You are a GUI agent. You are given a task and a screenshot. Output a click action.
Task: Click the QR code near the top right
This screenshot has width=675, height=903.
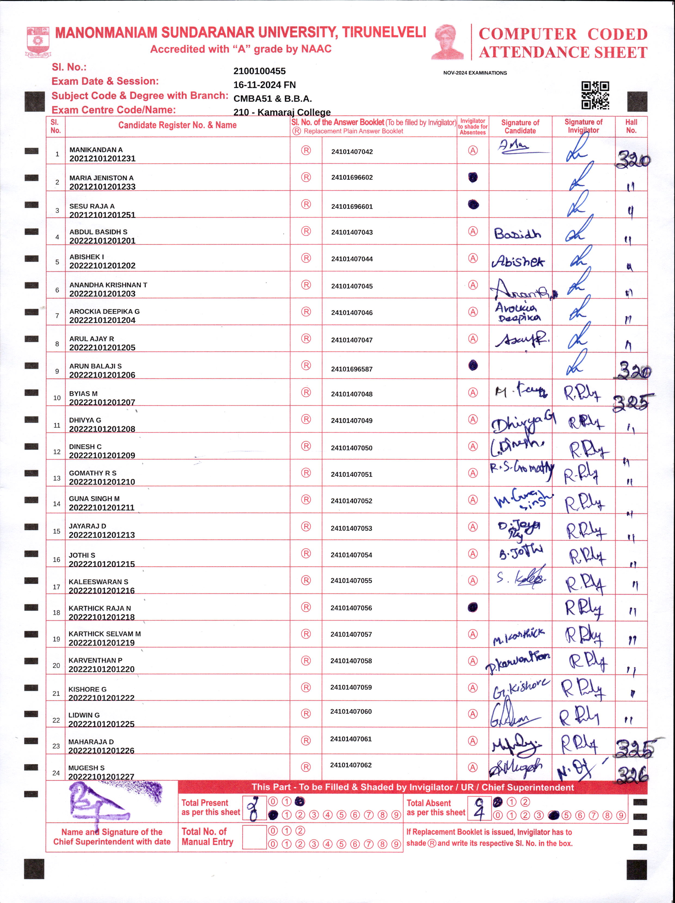pyautogui.click(x=595, y=95)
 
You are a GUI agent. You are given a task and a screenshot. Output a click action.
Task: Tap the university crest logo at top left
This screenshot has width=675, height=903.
pyautogui.click(x=38, y=42)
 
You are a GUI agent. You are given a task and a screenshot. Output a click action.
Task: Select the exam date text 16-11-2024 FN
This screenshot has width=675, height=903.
pyautogui.click(x=264, y=85)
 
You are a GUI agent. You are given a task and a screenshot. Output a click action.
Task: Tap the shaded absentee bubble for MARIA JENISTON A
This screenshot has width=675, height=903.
pyautogui.click(x=473, y=177)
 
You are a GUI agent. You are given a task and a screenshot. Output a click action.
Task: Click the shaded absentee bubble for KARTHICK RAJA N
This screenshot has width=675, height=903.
pyautogui.click(x=473, y=607)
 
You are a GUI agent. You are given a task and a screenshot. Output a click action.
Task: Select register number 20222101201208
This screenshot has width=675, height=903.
pyautogui.click(x=102, y=429)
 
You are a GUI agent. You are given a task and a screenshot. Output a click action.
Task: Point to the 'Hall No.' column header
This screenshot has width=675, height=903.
pyautogui.click(x=631, y=126)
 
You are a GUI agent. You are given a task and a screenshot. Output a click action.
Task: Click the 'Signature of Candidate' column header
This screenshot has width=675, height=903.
pyautogui.click(x=520, y=126)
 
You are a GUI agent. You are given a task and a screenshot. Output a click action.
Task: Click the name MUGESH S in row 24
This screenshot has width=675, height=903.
pyautogui.click(x=86, y=768)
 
